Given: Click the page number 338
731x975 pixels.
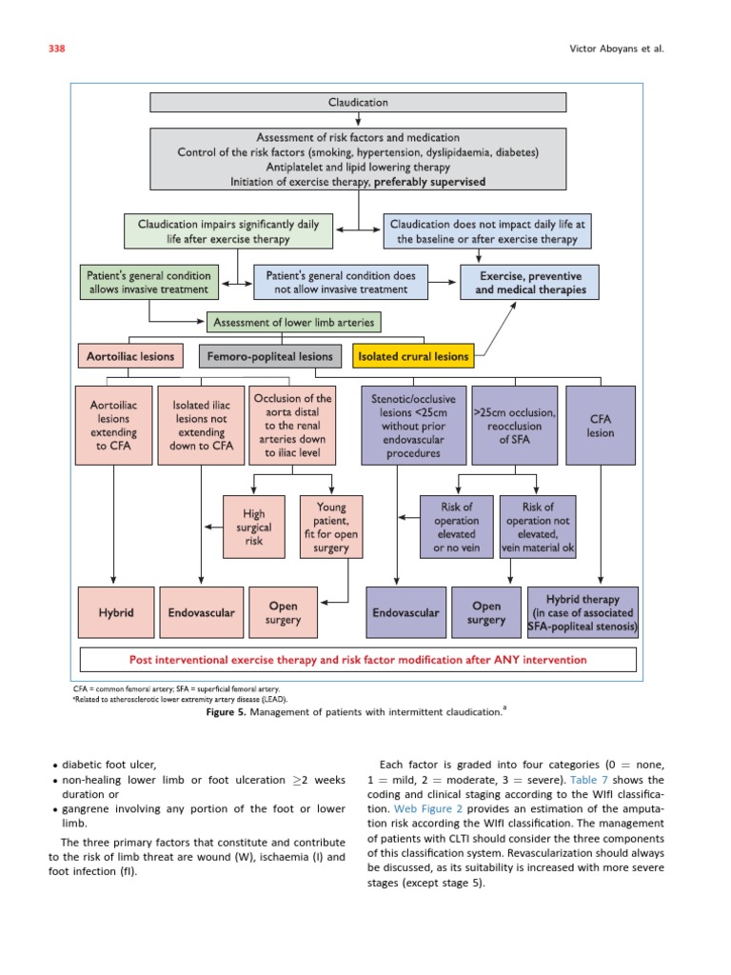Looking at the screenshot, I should tap(56, 49).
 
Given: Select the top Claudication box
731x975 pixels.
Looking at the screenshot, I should tap(358, 102).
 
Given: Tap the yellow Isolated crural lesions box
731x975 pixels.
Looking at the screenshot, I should tap(412, 357).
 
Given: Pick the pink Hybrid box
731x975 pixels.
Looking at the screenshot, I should tap(113, 613).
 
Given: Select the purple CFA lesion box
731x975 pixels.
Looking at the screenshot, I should tap(601, 425).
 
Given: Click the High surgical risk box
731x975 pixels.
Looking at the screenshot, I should tap(254, 527).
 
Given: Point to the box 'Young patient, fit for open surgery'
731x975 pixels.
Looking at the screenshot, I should tap(330, 527).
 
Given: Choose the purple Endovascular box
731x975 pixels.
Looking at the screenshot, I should tap(405, 613).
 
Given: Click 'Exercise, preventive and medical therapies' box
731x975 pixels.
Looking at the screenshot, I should tap(530, 283).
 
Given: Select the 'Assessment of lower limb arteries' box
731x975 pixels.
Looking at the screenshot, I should tap(296, 321).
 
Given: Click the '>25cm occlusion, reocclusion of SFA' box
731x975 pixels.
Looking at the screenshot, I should tap(514, 425).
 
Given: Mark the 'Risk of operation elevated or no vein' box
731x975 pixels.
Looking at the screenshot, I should tap(456, 527).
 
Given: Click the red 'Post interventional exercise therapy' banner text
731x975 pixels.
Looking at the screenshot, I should tap(358, 659).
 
